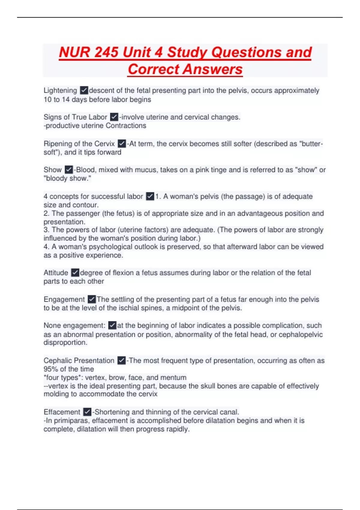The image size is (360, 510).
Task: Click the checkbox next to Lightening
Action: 84,90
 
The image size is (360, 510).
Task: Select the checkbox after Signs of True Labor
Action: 114,117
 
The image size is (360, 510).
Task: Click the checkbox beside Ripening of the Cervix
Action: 121,143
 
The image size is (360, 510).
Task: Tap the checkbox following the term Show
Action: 69,169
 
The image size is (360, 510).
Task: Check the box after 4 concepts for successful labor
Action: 150,196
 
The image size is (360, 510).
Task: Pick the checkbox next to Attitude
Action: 75,272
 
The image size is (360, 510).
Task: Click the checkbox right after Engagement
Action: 92,299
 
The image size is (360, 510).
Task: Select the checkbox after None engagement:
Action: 112,325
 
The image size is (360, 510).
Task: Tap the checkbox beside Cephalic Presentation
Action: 121,360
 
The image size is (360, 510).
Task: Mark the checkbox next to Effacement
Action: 87,412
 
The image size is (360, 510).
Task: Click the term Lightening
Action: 60,90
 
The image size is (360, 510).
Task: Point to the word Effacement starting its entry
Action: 62,412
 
